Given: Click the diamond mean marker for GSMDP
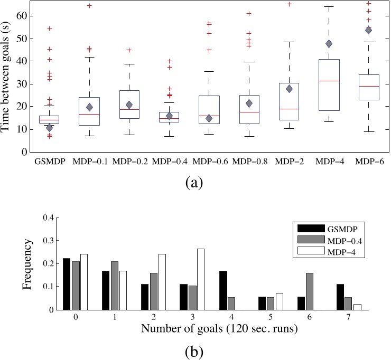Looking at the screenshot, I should [x=50, y=128].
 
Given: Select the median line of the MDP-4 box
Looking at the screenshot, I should [x=329, y=81].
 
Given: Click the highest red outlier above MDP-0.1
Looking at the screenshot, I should [x=89, y=6].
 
